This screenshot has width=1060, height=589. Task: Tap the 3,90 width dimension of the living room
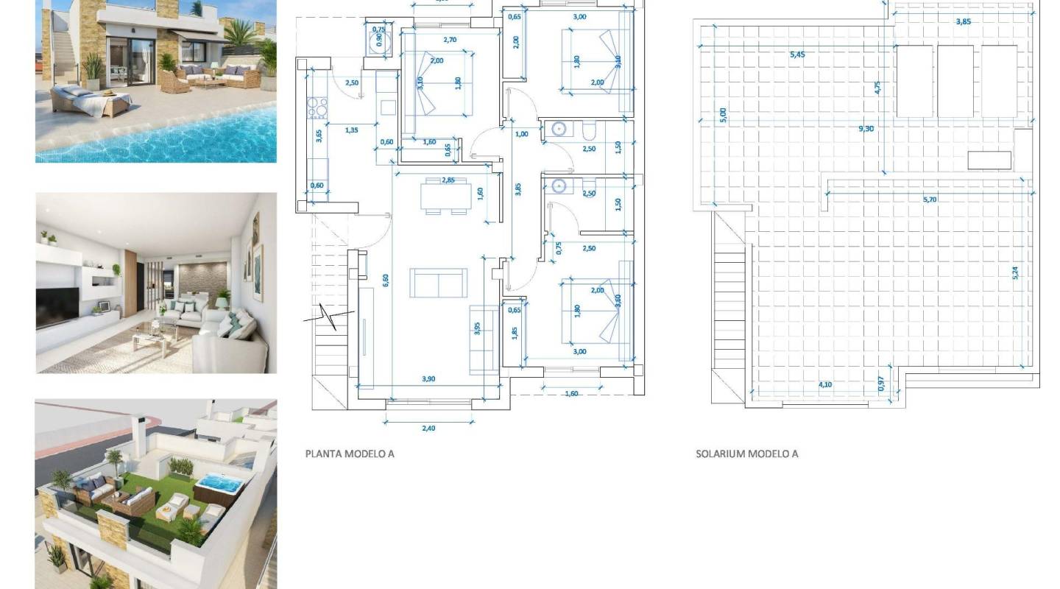[428, 379]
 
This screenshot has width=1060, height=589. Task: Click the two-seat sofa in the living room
[438, 283]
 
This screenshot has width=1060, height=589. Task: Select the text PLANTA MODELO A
[350, 454]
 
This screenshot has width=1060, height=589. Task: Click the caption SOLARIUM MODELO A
[746, 454]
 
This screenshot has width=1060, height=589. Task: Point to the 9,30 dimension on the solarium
[866, 129]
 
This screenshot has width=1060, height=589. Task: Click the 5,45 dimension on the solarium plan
[796, 54]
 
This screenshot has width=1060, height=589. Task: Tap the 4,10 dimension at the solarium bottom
[825, 384]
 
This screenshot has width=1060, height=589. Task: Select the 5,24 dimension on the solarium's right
[1016, 272]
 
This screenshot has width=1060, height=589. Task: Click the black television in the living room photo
[57, 308]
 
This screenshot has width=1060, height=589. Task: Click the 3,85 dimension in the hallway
[518, 188]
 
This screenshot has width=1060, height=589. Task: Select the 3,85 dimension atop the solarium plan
[963, 22]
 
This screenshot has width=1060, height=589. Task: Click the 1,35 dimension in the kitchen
[351, 130]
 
